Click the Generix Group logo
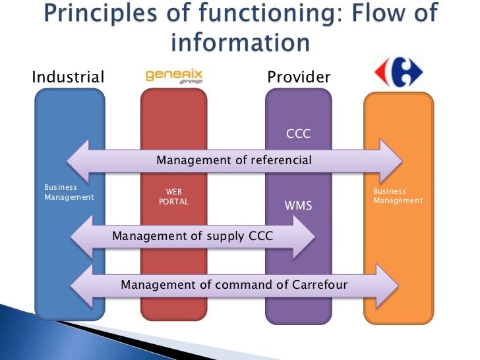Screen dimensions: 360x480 click(x=173, y=76)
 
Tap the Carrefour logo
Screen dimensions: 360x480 click(x=398, y=74)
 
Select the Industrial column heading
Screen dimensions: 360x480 click(x=68, y=77)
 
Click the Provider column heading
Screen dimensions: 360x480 click(x=299, y=77)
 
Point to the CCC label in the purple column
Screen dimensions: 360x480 click(x=298, y=135)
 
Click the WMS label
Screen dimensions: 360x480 click(x=298, y=206)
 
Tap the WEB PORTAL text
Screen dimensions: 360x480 click(x=174, y=196)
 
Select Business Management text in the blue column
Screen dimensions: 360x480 click(x=69, y=192)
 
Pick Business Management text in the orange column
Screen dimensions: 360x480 click(x=398, y=196)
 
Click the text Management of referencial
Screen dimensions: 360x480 click(x=233, y=160)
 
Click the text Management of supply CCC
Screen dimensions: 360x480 click(x=193, y=235)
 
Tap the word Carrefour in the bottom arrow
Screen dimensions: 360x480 click(x=315, y=285)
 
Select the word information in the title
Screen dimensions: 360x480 click(x=240, y=43)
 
